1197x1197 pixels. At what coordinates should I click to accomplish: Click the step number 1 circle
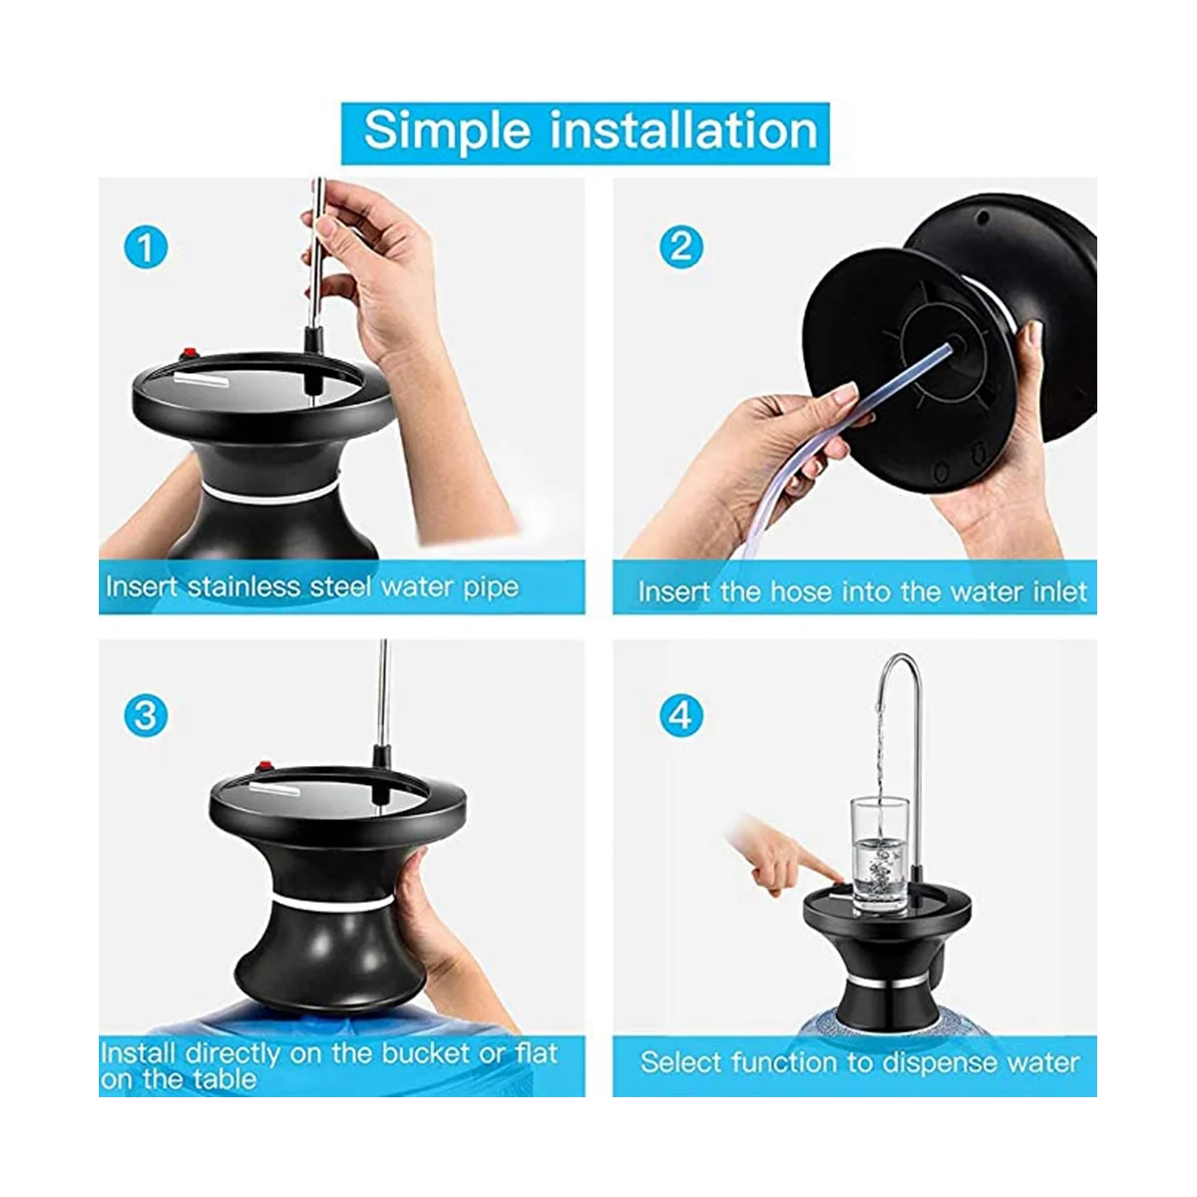147,246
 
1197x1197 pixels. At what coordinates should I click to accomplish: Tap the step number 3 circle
147,715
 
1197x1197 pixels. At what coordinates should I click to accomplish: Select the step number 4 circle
681,715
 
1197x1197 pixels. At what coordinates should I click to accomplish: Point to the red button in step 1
187,355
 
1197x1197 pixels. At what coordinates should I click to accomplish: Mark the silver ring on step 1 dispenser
269,492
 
